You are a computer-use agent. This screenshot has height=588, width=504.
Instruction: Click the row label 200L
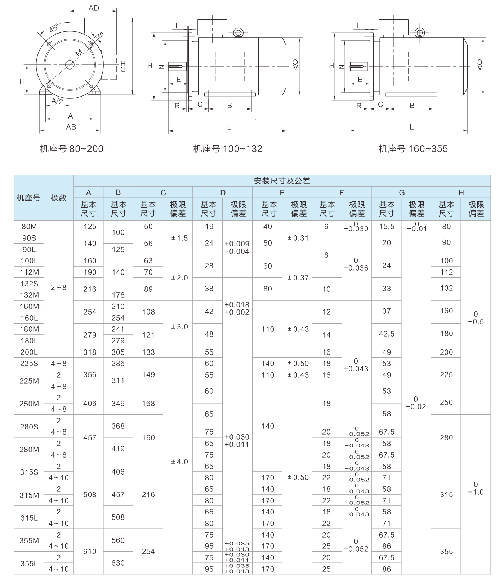pos(29,352)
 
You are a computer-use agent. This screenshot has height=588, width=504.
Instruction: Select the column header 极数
pos(58,198)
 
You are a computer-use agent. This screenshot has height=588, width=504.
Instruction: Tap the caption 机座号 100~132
pos(228,149)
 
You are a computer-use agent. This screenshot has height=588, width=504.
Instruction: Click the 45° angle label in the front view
pos(54,28)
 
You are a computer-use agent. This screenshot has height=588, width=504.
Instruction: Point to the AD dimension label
pos(94,8)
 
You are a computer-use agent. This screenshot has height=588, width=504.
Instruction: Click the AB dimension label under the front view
pos(71,127)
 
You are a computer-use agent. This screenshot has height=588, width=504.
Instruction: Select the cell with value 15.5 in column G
pos(386,227)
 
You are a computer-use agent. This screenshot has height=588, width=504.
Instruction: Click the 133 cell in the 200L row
pos(148,352)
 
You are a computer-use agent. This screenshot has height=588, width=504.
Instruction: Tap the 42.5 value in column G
pos(386,334)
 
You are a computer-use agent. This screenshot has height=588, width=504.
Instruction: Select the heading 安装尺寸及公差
pos(282,181)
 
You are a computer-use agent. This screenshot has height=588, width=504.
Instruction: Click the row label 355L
pos(29,563)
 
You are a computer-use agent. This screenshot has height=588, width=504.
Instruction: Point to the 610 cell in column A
pos(90,551)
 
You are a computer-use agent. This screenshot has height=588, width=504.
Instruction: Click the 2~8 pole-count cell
pos(58,288)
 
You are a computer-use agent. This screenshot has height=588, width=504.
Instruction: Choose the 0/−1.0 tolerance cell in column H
pos(476,488)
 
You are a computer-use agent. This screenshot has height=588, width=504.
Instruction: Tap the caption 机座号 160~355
pos(413,149)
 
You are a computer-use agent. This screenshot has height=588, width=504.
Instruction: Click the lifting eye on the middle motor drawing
pos(238,33)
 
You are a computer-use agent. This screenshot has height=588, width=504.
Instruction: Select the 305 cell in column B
pos(118,352)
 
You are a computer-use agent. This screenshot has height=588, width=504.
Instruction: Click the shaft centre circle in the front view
pos(70,65)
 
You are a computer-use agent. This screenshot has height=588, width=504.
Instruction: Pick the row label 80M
pos(29,227)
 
